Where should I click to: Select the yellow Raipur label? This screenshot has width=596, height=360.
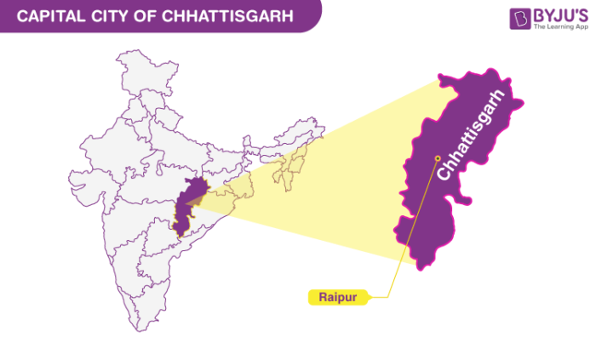[337, 297]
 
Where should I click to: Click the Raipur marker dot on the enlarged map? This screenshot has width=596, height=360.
[438, 157]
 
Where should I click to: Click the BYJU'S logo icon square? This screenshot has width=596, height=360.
[520, 20]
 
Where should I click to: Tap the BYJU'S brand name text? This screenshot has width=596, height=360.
[559, 15]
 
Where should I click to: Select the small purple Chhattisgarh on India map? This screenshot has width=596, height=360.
[187, 204]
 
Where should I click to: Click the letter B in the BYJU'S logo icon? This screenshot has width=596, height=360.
[520, 20]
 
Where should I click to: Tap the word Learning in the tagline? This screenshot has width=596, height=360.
[559, 27]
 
